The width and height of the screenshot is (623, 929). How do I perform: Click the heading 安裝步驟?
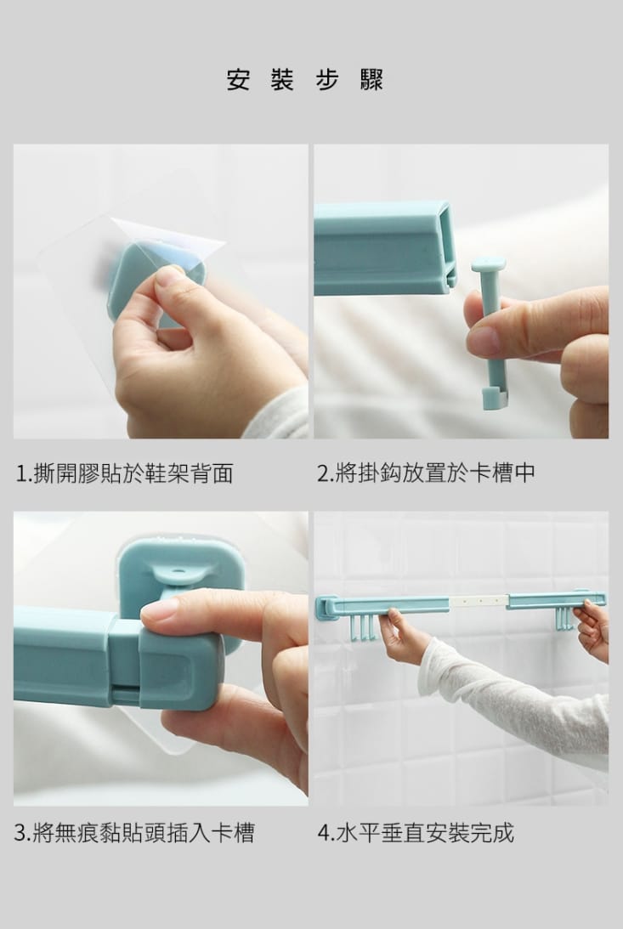(305, 80)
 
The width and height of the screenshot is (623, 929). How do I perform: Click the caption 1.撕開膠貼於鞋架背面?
(124, 473)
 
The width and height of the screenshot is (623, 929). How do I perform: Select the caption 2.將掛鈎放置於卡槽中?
(426, 473)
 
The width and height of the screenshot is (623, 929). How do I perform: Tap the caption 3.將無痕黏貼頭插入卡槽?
(134, 832)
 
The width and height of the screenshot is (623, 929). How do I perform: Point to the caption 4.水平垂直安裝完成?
(416, 832)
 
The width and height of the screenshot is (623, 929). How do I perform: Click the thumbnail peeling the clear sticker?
(161, 292)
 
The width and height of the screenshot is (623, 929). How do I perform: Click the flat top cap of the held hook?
(489, 264)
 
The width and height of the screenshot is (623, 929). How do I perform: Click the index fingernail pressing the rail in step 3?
(159, 609)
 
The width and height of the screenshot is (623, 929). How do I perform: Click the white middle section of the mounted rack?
(478, 601)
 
